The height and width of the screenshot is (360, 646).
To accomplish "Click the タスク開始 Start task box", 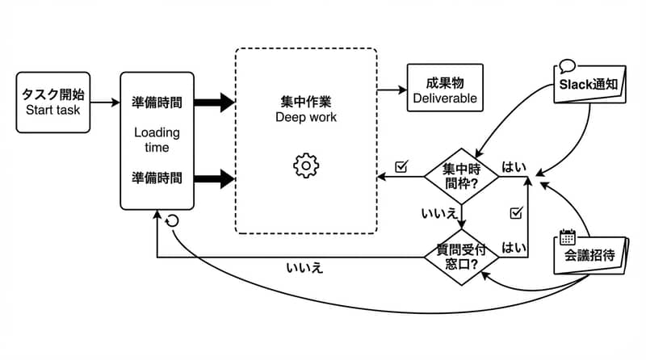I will tap(53, 103).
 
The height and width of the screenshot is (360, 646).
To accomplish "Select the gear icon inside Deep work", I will tap(306, 165).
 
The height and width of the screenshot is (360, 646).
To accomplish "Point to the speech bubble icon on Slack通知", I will tap(566, 67).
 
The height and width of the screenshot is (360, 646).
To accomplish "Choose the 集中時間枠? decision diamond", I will tap(460, 176).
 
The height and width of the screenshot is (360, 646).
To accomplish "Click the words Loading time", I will tap(157, 140).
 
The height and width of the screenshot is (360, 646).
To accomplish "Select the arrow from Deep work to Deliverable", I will tap(392, 90).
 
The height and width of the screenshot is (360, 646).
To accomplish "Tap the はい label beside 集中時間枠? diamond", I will tap(514, 167).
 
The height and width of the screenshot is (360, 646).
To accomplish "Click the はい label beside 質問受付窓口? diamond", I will tap(514, 247).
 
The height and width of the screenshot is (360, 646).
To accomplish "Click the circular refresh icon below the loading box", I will tap(171, 220).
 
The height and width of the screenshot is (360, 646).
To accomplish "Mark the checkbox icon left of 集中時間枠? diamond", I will tap(401, 167).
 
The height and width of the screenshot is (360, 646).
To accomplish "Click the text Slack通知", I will tap(589, 85).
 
